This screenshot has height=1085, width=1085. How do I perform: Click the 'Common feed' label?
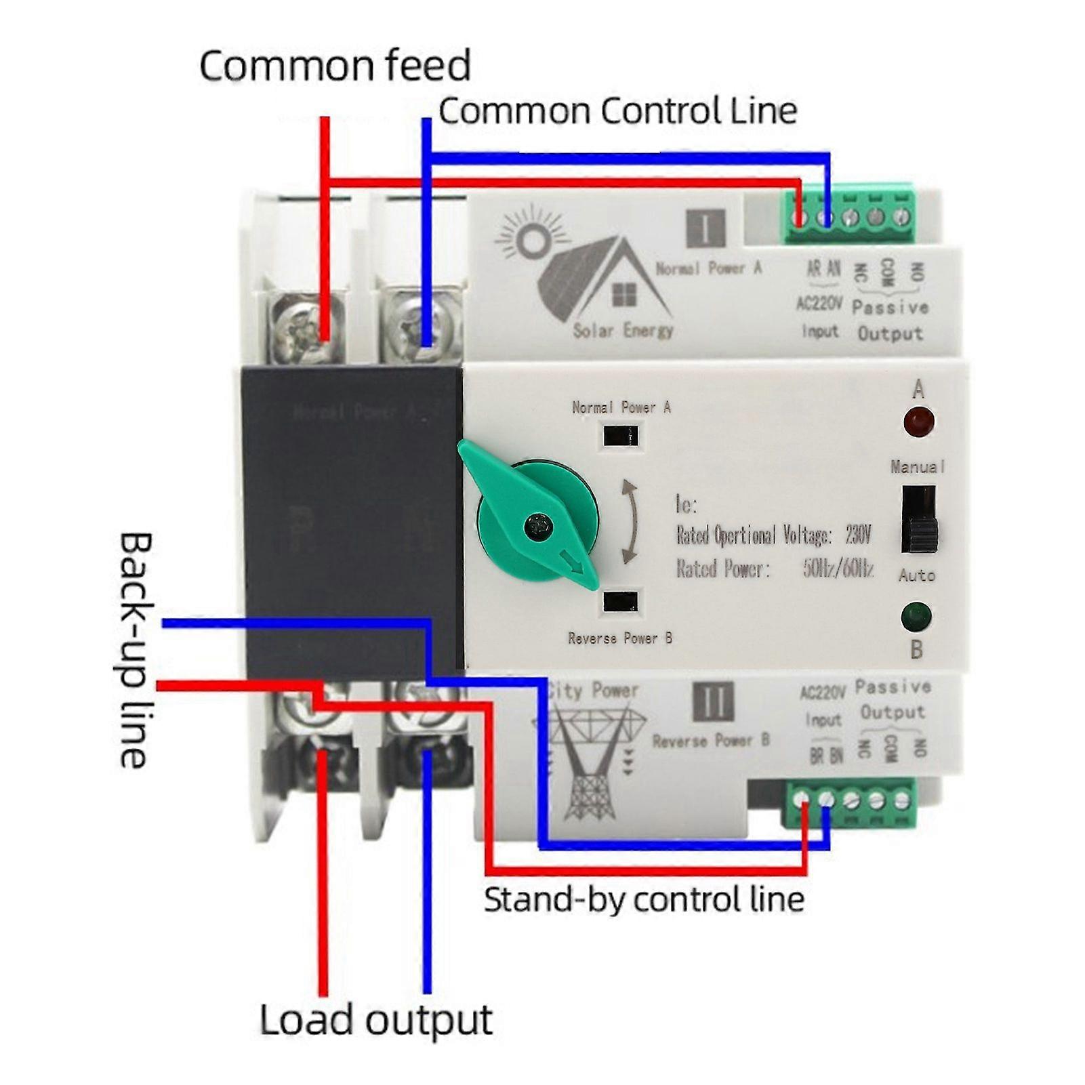(335, 66)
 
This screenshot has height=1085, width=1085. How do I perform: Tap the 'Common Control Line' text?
(617, 110)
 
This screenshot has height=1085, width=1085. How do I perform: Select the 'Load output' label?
(376, 1021)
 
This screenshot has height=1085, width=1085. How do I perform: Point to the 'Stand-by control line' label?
(643, 900)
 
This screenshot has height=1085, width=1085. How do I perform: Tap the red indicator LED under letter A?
(919, 422)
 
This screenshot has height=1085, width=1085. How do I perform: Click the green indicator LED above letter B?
(916, 617)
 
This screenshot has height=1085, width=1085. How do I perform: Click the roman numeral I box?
(706, 229)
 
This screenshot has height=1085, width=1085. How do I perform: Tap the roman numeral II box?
(714, 701)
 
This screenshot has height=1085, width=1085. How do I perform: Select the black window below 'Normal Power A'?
(620, 435)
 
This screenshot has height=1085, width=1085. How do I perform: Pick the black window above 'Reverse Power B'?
(620, 600)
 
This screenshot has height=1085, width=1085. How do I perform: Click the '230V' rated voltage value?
(857, 535)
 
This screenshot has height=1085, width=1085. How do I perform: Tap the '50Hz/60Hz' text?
(838, 568)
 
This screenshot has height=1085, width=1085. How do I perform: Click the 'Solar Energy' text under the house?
(623, 331)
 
